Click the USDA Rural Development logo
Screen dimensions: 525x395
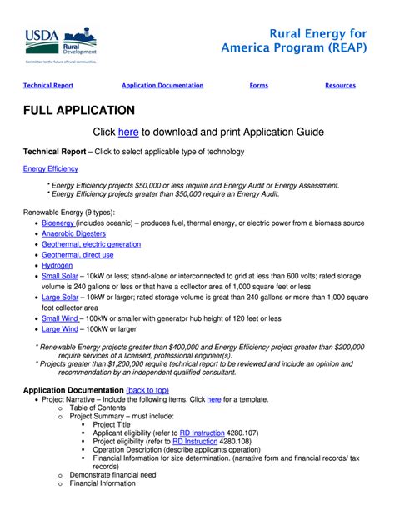tap(60, 45)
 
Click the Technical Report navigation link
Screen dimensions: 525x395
tap(48, 86)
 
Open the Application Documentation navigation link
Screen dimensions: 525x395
tap(162, 86)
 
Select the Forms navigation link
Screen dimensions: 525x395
tap(258, 86)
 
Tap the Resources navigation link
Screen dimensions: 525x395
tap(340, 86)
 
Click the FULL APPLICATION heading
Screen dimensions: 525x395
tap(79, 111)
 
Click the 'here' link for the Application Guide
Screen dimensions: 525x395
tap(128, 132)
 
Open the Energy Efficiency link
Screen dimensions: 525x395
tap(50, 168)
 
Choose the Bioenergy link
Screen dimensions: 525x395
tap(58, 223)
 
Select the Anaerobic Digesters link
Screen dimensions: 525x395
tap(73, 234)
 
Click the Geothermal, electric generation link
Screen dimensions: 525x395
tap(91, 244)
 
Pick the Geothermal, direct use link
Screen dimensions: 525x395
tap(78, 255)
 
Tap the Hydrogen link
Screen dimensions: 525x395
tap(57, 265)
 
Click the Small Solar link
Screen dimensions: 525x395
tap(60, 276)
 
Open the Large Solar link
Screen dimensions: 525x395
tap(60, 297)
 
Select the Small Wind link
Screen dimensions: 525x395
tap(61, 318)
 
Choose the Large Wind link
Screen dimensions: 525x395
tap(60, 329)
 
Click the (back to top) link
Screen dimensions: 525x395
tap(147, 390)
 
